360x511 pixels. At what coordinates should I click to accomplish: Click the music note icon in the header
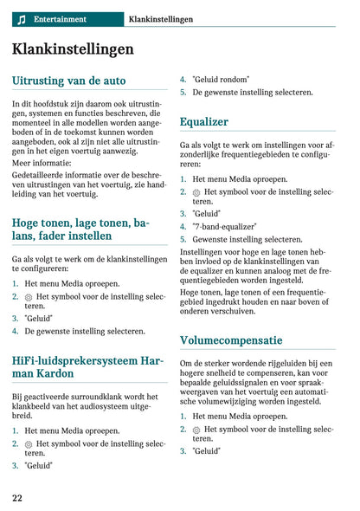pyautogui.click(x=22, y=19)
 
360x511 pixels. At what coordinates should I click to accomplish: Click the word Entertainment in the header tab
pyautogui.click(x=60, y=19)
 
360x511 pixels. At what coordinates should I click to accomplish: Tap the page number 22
pyautogui.click(x=17, y=498)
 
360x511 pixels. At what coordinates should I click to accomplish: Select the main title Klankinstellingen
pyautogui.click(x=73, y=49)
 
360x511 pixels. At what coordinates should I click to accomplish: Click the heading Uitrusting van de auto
pyautogui.click(x=69, y=81)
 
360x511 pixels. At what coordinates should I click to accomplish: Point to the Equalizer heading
pyautogui.click(x=204, y=122)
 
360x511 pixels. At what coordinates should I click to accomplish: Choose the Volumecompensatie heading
pyautogui.click(x=231, y=340)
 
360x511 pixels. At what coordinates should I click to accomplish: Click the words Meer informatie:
pyautogui.click(x=42, y=161)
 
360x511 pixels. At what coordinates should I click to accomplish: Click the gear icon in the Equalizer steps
pyautogui.click(x=196, y=192)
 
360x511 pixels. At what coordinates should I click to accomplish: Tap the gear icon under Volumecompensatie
pyautogui.click(x=196, y=430)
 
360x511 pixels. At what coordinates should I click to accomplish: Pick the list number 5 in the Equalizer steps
pyautogui.click(x=183, y=239)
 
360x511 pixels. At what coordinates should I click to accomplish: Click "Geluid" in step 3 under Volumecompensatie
pyautogui.click(x=206, y=450)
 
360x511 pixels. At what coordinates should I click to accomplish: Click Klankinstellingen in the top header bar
pyautogui.click(x=160, y=19)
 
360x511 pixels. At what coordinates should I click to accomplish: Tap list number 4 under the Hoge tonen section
pyautogui.click(x=16, y=331)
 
